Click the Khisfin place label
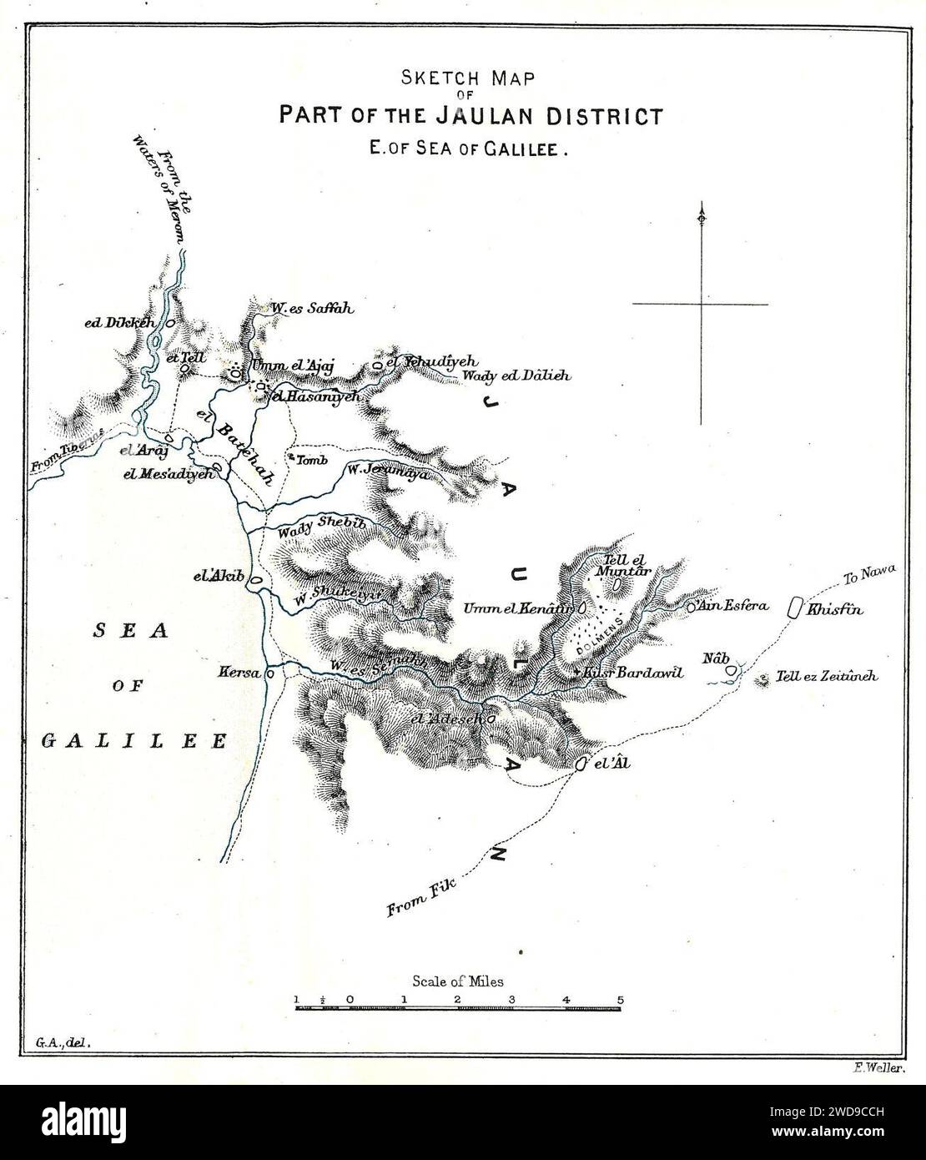834,610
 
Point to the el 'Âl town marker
581,764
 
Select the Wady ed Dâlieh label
516,376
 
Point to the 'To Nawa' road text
868,575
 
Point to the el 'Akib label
217,576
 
